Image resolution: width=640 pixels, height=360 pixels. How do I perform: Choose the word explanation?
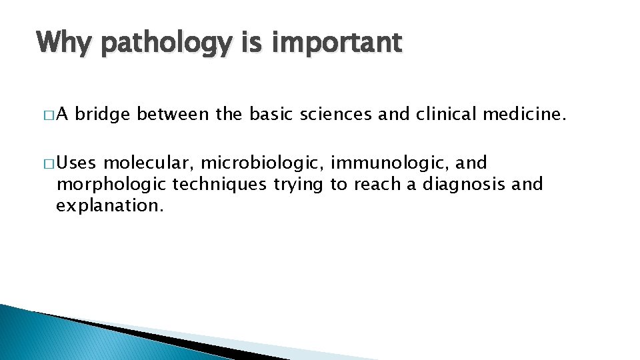pyautogui.click(x=109, y=206)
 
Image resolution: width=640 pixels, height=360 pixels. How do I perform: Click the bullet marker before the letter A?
pyautogui.click(x=49, y=117)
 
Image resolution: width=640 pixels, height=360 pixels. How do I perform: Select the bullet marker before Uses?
pyautogui.click(x=49, y=163)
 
